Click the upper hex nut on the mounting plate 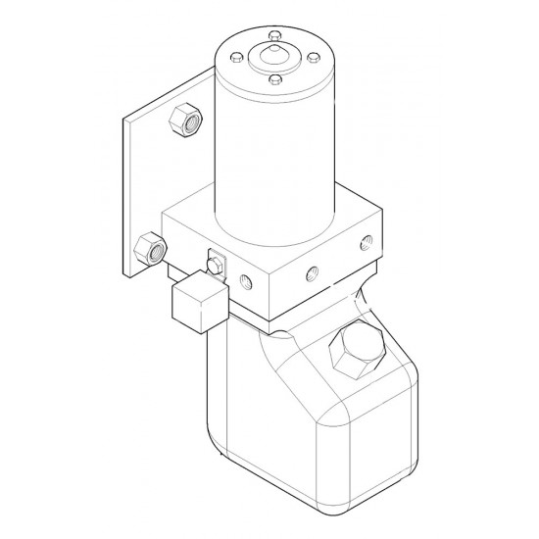184,121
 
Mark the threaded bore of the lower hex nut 155,251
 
